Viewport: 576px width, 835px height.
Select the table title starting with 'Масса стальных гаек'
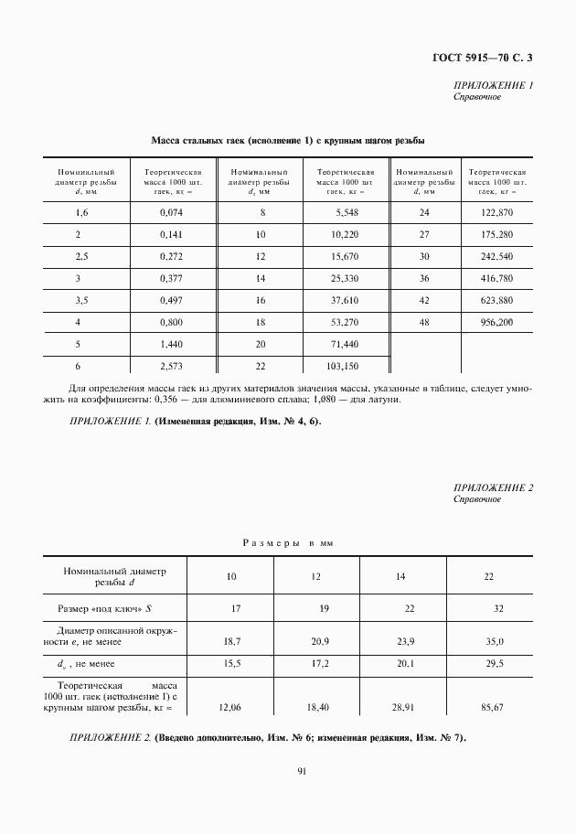287,141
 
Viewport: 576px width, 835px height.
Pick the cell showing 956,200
496,322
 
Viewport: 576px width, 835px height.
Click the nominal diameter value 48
424,322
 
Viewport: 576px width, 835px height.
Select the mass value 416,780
496,277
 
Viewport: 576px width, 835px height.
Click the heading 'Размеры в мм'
288,543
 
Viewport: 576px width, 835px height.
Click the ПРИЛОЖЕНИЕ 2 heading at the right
493,487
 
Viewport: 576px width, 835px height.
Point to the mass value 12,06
231,707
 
